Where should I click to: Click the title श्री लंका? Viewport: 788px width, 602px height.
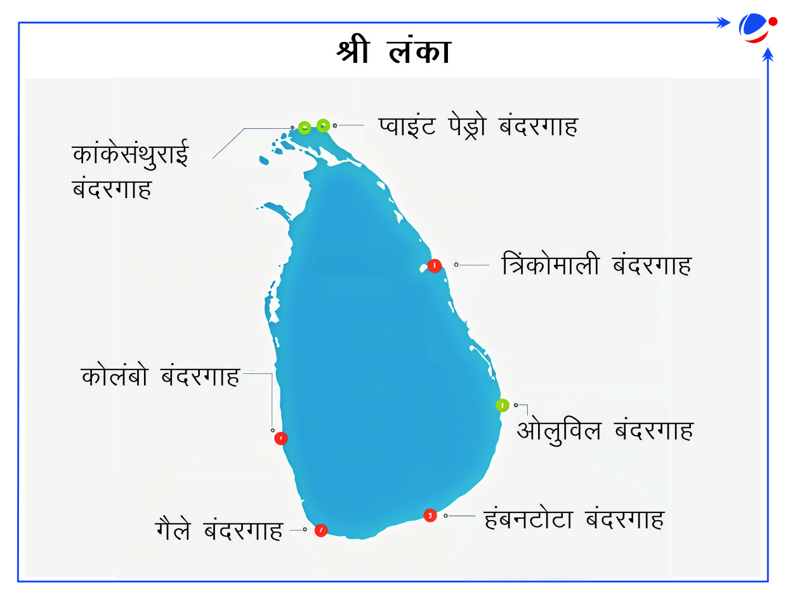(x=393, y=50)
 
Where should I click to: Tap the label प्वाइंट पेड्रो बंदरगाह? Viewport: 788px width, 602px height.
(x=478, y=126)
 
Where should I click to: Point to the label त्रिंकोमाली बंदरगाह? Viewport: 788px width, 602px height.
(x=596, y=264)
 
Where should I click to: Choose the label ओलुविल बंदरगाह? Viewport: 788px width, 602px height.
(x=605, y=431)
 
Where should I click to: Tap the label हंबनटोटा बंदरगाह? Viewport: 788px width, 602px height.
(x=574, y=519)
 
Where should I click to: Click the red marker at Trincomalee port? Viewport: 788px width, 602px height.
(x=435, y=266)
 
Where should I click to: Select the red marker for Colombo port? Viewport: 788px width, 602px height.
(x=280, y=438)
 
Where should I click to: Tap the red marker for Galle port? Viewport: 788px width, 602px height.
(x=320, y=530)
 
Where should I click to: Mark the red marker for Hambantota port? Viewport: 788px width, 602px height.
(x=430, y=516)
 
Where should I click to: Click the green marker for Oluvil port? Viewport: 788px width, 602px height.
(x=502, y=405)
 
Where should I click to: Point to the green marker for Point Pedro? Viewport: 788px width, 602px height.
(x=323, y=126)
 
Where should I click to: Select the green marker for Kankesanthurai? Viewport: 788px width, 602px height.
(x=305, y=128)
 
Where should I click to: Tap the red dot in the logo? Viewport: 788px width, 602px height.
(x=773, y=22)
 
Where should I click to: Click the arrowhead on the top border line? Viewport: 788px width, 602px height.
(x=723, y=22)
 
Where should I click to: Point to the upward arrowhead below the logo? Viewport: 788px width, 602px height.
(x=768, y=55)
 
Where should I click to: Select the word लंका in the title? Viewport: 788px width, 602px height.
(x=419, y=50)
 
